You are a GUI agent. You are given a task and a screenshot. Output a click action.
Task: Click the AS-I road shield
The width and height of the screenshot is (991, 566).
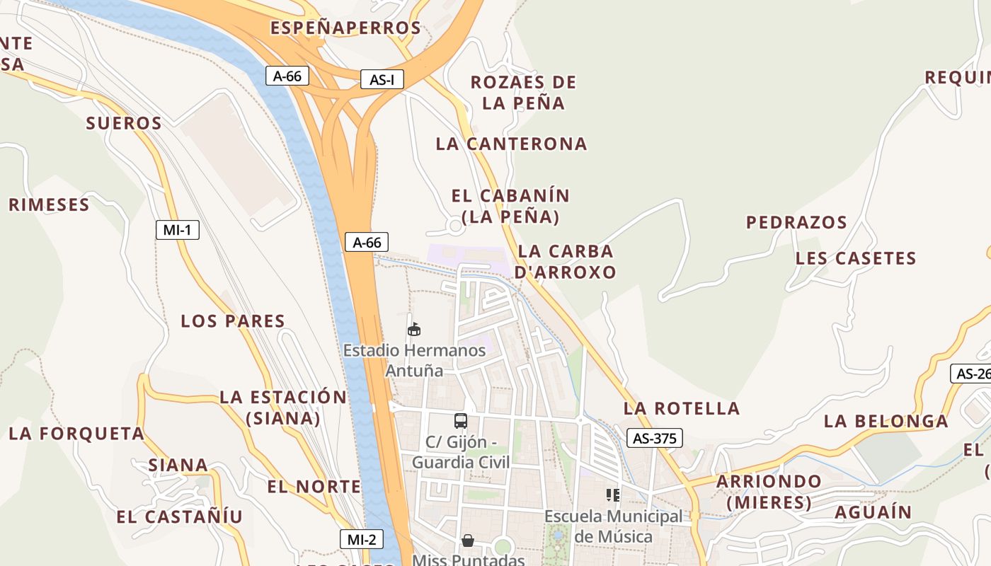coord(382,79)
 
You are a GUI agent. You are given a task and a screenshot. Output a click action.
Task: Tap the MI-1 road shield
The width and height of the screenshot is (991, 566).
coord(177,230)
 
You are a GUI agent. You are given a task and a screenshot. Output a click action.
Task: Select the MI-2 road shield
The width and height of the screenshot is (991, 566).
coord(361,539)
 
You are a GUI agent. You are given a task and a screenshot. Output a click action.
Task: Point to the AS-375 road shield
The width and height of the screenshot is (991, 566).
coord(654,438)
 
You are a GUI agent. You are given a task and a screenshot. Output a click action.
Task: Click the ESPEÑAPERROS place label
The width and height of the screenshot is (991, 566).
coord(346,28)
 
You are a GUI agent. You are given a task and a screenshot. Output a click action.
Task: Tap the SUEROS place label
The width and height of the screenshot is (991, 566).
coord(124,123)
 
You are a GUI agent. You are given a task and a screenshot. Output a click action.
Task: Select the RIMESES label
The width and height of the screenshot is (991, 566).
coord(49,205)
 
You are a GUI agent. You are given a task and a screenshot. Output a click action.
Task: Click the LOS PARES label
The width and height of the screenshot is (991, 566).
coord(233,321)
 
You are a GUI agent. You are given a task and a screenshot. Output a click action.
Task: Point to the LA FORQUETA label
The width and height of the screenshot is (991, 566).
coord(76,433)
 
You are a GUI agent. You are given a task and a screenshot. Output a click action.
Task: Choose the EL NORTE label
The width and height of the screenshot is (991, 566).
coord(314,487)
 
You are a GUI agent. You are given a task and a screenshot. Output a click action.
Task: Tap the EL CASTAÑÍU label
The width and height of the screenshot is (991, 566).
coord(179,516)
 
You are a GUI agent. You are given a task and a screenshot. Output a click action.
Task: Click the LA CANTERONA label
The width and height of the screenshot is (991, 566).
coord(511,144)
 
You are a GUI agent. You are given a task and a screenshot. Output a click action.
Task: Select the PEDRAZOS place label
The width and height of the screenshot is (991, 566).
coord(796,222)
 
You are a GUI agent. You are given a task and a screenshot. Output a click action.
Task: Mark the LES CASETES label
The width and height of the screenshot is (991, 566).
coord(856,258)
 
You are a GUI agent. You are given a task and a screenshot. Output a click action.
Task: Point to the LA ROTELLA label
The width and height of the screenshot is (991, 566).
coord(682,408)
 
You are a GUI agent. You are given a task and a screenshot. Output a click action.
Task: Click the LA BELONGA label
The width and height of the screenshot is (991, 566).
coord(886,421)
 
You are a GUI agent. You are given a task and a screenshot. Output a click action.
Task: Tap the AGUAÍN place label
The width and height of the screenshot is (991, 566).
coord(873,512)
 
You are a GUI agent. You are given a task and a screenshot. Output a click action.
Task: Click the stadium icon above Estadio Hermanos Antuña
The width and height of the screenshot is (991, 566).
coord(414,329)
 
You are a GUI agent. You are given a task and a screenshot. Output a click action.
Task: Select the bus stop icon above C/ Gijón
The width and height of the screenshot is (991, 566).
coord(461,421)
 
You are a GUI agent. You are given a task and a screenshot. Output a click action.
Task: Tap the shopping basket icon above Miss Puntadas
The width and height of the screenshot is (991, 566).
coord(468,541)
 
